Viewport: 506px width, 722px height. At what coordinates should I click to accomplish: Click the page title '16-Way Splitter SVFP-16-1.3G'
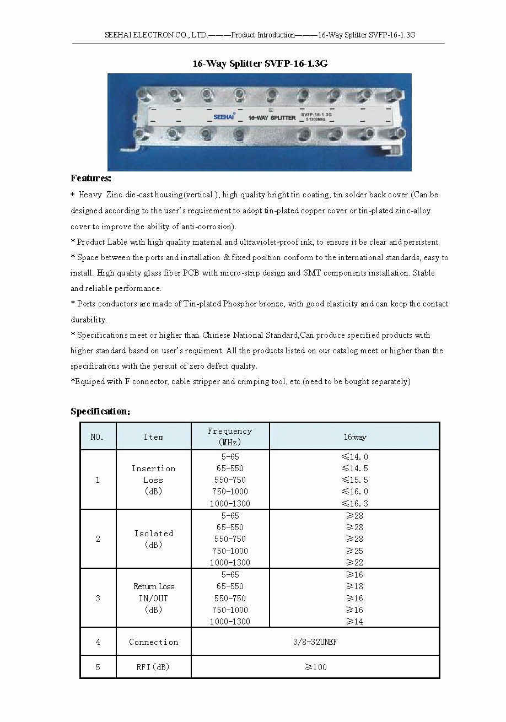click(x=260, y=63)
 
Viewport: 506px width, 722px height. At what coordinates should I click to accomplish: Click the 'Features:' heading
click(x=91, y=178)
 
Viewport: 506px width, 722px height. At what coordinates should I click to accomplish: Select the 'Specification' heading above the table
click(x=99, y=411)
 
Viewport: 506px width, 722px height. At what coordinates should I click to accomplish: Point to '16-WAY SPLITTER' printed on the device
click(x=272, y=118)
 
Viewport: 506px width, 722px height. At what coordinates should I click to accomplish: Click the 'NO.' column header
click(x=98, y=437)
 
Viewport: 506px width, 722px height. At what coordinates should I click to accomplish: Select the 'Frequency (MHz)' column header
click(x=230, y=437)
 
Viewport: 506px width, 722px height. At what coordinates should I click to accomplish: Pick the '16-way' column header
click(x=354, y=437)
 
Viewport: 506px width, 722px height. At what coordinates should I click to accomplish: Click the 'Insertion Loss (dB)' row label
click(x=153, y=479)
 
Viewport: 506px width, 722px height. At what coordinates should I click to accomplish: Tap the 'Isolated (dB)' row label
click(x=153, y=539)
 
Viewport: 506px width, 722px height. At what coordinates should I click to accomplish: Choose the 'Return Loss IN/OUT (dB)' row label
click(x=153, y=598)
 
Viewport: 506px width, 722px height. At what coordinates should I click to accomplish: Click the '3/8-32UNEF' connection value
click(x=315, y=642)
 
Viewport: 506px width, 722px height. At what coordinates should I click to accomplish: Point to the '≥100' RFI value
click(x=316, y=667)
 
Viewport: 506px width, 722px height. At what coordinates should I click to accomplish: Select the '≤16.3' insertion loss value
click(x=354, y=503)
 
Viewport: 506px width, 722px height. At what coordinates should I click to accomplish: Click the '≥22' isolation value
click(x=354, y=562)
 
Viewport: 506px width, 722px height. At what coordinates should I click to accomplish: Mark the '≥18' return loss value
click(x=354, y=586)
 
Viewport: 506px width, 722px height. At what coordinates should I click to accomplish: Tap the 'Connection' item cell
click(x=153, y=642)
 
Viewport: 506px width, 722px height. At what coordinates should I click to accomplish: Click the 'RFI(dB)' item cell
click(x=153, y=667)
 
